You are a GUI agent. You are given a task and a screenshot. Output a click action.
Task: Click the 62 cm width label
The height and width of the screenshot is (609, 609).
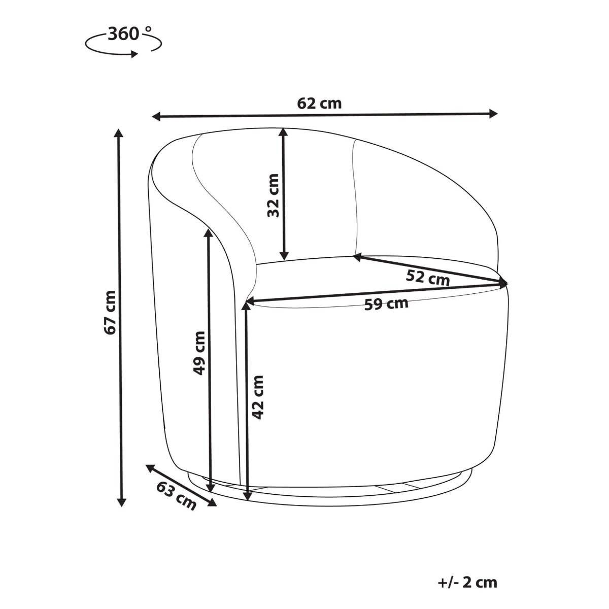tap(319, 104)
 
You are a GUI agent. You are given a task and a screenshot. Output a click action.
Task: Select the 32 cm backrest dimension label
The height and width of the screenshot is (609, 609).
tap(273, 195)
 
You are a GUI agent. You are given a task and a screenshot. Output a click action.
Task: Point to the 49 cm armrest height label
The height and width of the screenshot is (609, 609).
tap(199, 353)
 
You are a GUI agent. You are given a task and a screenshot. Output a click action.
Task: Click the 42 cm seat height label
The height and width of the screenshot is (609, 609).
tap(258, 397)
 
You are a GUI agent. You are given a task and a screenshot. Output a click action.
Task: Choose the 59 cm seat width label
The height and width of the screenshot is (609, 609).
tap(386, 304)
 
